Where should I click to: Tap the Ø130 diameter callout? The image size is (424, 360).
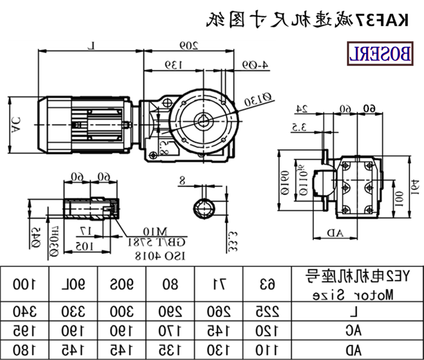[259, 98]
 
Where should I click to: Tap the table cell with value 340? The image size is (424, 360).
[25, 310]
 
